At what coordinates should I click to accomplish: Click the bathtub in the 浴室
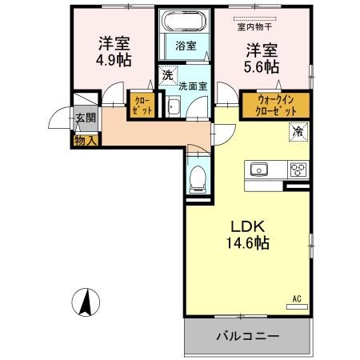click(184, 21)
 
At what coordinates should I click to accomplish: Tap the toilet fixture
click(198, 179)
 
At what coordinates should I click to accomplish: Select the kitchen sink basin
click(258, 170)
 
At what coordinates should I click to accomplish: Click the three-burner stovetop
click(298, 170)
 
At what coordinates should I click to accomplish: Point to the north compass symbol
click(86, 302)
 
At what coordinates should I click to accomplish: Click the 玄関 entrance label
click(85, 118)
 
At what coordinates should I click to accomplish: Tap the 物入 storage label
click(85, 141)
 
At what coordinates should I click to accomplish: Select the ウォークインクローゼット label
click(276, 106)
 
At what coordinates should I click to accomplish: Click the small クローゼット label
click(142, 106)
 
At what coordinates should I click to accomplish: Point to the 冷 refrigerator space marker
click(298, 131)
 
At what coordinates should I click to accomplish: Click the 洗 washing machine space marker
click(168, 75)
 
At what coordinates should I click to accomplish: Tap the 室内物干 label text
click(254, 26)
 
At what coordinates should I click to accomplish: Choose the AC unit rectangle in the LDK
click(297, 306)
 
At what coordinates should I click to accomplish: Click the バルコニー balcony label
click(248, 336)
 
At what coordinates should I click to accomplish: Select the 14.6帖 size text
click(248, 242)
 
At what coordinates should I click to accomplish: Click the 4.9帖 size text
click(114, 60)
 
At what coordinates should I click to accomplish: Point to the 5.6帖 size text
click(262, 66)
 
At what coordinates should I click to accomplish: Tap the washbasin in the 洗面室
click(174, 106)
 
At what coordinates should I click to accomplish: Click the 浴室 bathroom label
click(186, 46)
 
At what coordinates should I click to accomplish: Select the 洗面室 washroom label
click(193, 86)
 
